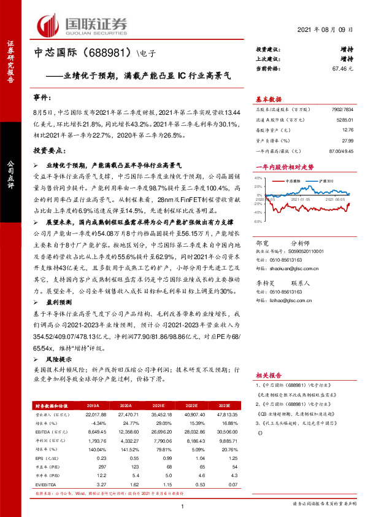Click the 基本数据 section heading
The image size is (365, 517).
(x=269, y=99)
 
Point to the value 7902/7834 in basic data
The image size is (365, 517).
(x=340, y=110)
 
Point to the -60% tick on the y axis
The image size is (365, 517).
(x=259, y=221)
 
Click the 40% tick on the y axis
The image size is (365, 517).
(x=259, y=179)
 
